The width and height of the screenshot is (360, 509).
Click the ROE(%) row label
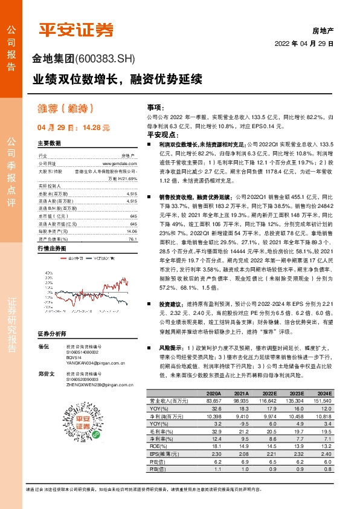pyautogui.click(x=159, y=446)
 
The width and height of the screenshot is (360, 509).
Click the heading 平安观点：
pyautogui.click(x=159, y=135)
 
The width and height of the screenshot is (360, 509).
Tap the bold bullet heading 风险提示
pyautogui.click(x=172, y=348)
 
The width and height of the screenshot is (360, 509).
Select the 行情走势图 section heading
pyautogui.click(x=51, y=248)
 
